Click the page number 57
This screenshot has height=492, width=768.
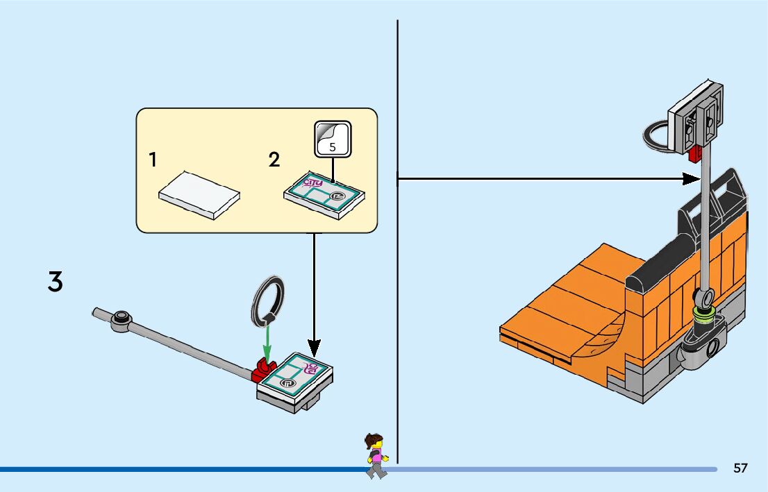pos(740,468)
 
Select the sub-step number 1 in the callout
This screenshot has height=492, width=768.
pos(152,160)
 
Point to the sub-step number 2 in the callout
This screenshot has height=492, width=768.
pos(274,160)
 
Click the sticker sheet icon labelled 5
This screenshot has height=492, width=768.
pos(333,138)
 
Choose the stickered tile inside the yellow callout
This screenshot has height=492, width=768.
pos(325,196)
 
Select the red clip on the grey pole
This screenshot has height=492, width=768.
pos(262,371)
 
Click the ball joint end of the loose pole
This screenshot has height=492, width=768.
pos(122,319)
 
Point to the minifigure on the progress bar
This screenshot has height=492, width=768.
pos(376,455)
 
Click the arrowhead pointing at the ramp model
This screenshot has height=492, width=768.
pos(690,179)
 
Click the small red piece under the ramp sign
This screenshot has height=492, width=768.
pos(694,154)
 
